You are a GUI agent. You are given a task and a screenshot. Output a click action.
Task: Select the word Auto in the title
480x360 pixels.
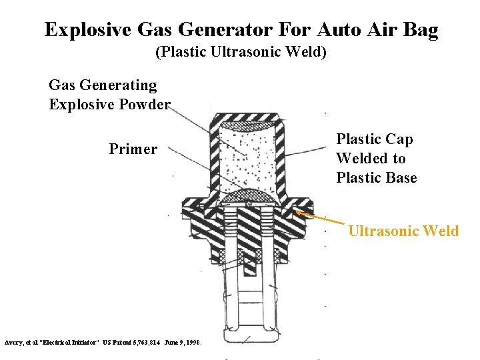point(339,30)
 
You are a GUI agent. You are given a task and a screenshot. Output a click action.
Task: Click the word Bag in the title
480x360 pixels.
point(420,30)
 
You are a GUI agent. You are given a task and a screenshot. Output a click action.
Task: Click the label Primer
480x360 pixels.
point(133,149)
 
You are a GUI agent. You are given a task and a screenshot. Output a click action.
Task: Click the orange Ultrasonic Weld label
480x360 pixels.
point(403,231)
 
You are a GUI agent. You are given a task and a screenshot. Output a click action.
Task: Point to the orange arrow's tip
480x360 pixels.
point(298,213)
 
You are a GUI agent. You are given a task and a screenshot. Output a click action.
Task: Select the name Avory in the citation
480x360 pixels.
point(14,342)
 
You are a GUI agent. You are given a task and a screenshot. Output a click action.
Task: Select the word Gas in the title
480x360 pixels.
point(153,30)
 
